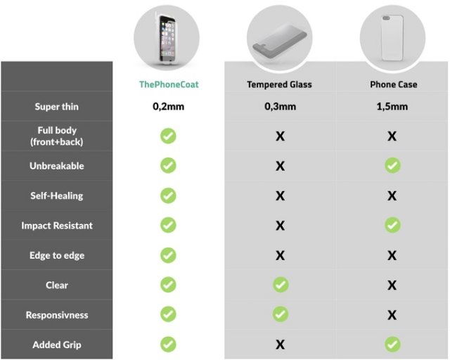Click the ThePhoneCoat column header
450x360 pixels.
pos(169,84)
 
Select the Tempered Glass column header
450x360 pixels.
pos(279,84)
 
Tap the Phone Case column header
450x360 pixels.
pos(394,84)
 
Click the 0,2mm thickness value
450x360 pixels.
pos(169,106)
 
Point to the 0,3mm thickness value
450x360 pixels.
pos(280,106)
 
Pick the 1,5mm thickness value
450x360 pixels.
pos(392,106)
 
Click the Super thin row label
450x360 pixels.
pos(56,106)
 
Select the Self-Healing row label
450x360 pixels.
pos(57,195)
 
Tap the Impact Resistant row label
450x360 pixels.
pos(57,226)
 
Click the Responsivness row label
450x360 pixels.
pos(57,315)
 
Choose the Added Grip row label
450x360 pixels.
pos(57,345)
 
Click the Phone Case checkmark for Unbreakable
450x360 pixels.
pos(392,165)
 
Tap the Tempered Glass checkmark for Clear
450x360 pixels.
pos(281,285)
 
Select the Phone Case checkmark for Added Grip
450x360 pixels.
pos(392,345)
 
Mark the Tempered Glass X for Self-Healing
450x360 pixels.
pos(280,195)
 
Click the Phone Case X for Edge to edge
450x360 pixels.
pos(392,255)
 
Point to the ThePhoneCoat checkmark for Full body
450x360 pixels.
pos(168,136)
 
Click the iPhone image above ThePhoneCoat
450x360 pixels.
pos(167,39)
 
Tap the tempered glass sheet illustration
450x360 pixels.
pos(280,41)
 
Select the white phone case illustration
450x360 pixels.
pos(392,38)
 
